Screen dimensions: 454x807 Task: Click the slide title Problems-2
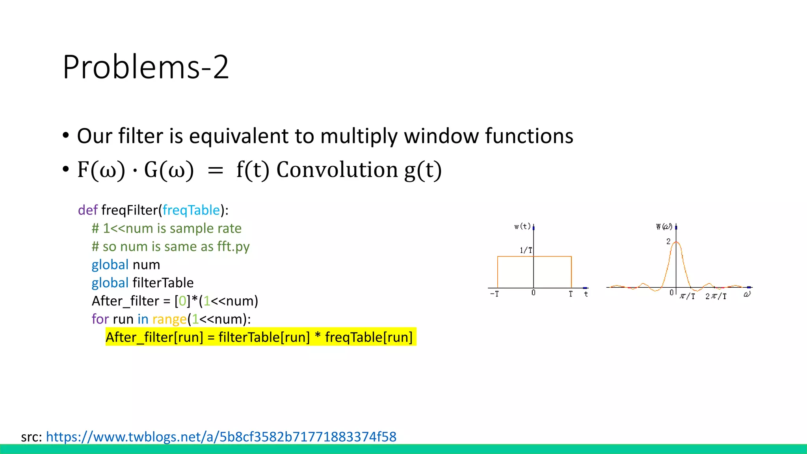(145, 67)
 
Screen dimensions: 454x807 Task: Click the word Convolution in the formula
(337, 170)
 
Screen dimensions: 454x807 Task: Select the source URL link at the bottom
(221, 437)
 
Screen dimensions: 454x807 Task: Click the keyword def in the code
(87, 210)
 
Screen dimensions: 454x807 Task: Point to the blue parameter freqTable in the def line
(191, 210)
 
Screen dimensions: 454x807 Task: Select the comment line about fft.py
(171, 246)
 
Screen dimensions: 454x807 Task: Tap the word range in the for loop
(169, 319)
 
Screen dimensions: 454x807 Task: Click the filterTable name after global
(163, 283)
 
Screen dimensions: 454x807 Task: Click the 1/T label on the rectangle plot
(526, 250)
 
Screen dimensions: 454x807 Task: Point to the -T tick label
(495, 294)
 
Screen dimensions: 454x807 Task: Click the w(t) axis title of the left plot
(523, 226)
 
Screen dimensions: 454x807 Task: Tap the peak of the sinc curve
(676, 242)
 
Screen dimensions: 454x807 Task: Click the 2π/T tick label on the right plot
(716, 296)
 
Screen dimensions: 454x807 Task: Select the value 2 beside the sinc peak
(668, 241)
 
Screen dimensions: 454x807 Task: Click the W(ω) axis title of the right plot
(664, 226)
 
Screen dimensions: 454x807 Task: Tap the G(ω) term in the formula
(169, 170)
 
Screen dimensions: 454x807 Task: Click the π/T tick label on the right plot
(687, 296)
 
